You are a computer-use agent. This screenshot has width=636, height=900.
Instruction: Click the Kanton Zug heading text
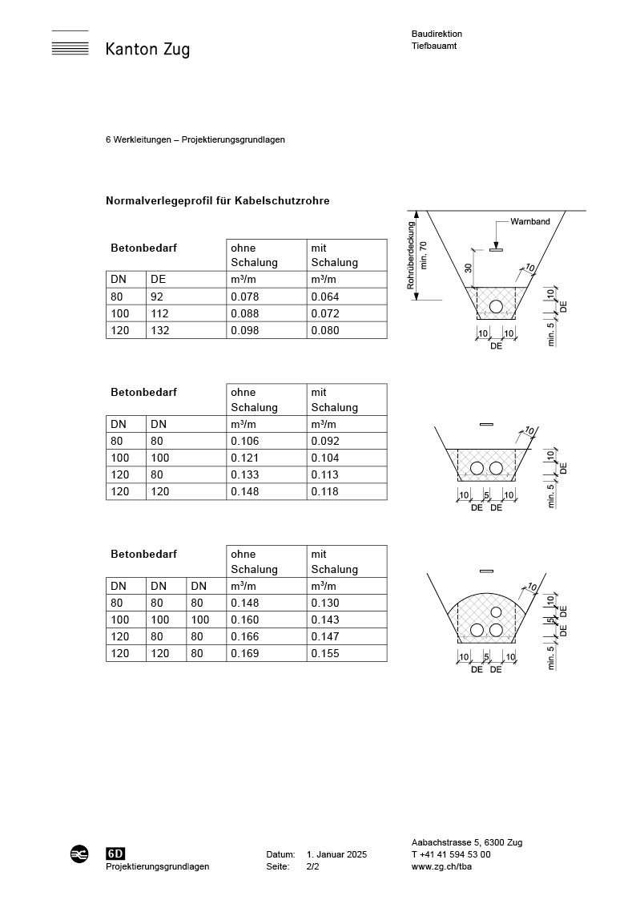(147, 50)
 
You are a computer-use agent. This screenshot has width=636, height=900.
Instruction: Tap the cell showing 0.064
(324, 297)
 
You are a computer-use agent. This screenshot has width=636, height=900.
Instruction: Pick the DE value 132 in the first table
(160, 330)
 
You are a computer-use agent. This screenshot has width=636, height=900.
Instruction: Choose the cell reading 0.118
(324, 491)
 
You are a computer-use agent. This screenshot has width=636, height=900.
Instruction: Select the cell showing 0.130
(324, 603)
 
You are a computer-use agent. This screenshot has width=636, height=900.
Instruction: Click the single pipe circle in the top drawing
(497, 306)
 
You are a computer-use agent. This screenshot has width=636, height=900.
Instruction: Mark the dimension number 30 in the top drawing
(466, 269)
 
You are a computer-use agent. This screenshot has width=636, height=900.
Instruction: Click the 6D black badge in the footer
(115, 854)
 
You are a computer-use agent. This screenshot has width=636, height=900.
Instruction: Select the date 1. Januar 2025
(336, 855)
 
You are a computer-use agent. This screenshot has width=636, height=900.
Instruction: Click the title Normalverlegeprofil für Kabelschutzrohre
(217, 200)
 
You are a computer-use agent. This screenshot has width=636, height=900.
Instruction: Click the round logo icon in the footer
(80, 854)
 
